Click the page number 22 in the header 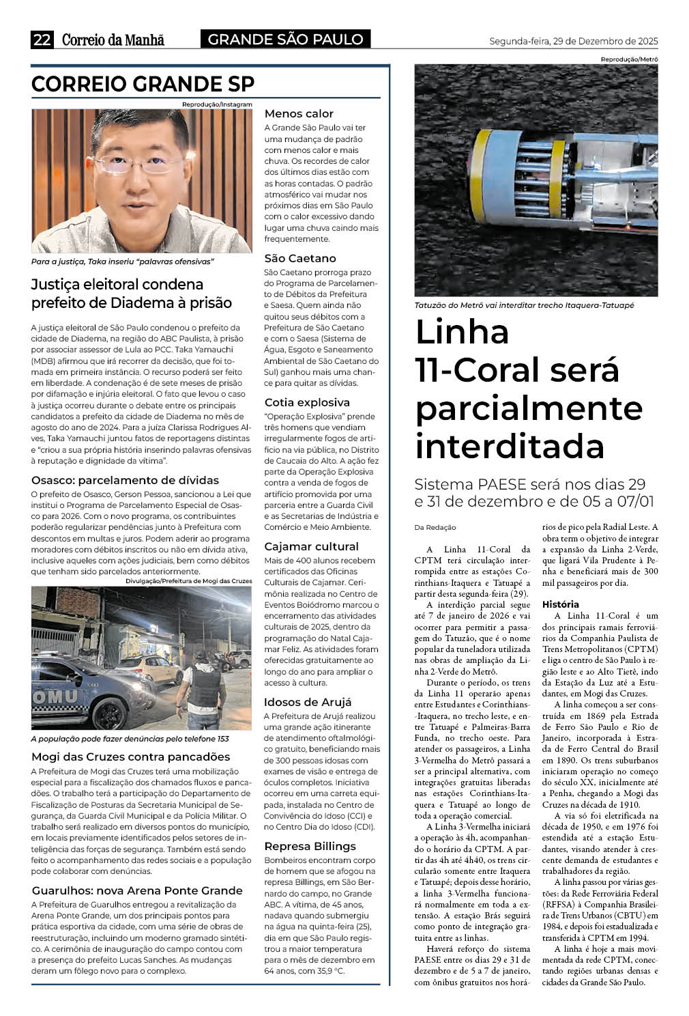pos(42,40)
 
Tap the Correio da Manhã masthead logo pos(113,40)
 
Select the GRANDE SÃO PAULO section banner pos(285,40)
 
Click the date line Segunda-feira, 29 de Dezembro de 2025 pos(573,41)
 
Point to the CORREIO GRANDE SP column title pos(143,84)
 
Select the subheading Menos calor pos(299,113)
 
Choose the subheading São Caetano pos(300,258)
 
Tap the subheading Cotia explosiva pos(307,402)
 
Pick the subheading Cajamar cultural pos(311,546)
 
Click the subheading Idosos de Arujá pos(308,702)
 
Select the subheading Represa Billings pos(310,846)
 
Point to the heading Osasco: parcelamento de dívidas pos(125,480)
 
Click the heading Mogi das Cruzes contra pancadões pos(130,757)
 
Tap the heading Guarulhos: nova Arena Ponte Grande pos(137,890)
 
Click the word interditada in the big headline pos(510,446)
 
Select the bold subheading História pos(560,604)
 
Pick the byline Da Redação pos(435,527)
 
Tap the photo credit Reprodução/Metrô pos(629,59)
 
